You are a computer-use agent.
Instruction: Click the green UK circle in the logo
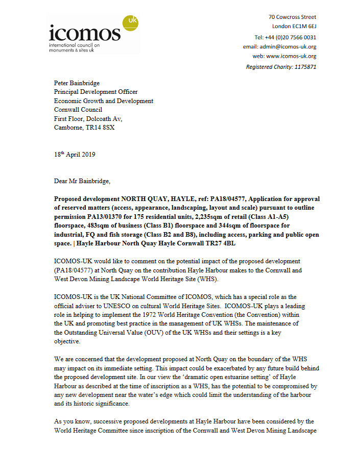pos(130,22)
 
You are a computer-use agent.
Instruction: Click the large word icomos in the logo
pos(84,34)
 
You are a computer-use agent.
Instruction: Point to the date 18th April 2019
pos(75,155)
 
